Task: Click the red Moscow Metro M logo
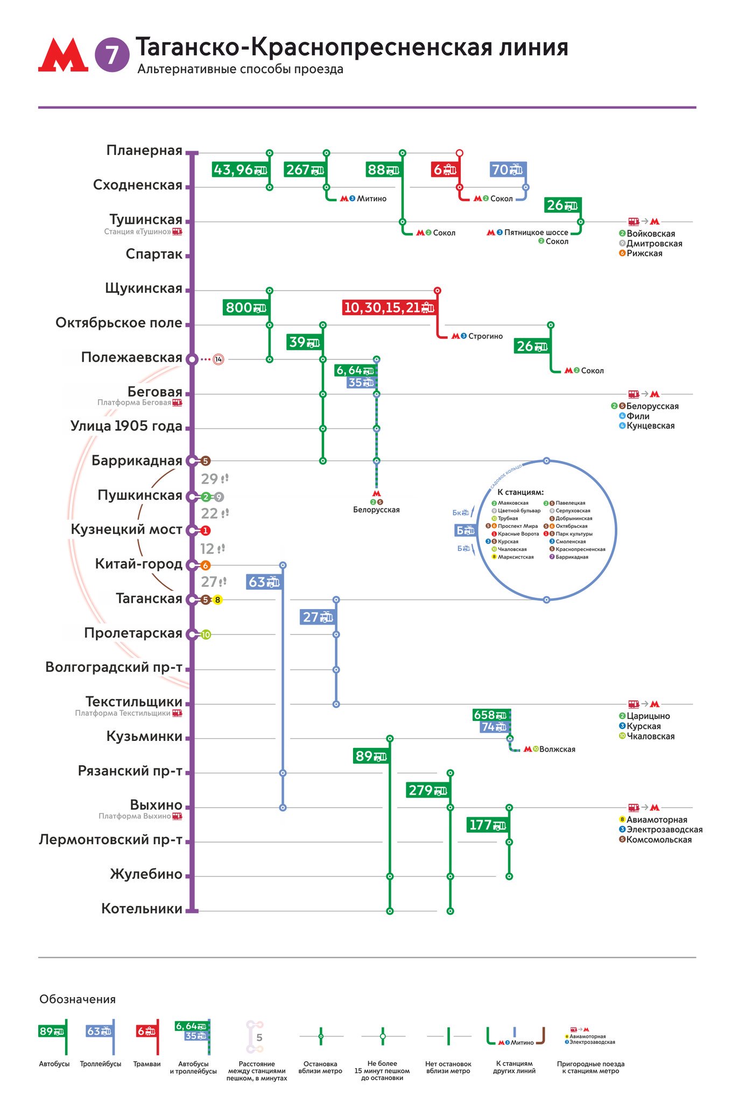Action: (x=63, y=54)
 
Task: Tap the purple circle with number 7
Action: (x=112, y=55)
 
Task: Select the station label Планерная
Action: (x=144, y=150)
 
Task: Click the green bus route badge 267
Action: (x=305, y=170)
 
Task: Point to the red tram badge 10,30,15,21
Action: (x=389, y=308)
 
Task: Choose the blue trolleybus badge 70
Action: (x=507, y=170)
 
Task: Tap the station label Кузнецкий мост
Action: (x=126, y=529)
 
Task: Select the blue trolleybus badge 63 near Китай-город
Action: (x=264, y=582)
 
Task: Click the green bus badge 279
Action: (x=428, y=790)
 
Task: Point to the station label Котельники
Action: (x=142, y=909)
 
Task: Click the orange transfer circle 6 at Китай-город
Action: (x=205, y=566)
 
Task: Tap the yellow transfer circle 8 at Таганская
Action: (x=217, y=600)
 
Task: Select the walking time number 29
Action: (x=209, y=479)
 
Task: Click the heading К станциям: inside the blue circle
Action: (x=520, y=492)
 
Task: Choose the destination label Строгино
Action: (x=485, y=336)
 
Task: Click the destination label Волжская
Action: (x=557, y=750)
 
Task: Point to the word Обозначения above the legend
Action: (x=78, y=999)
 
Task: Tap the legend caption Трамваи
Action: (x=147, y=1064)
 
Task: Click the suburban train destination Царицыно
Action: (x=648, y=716)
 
